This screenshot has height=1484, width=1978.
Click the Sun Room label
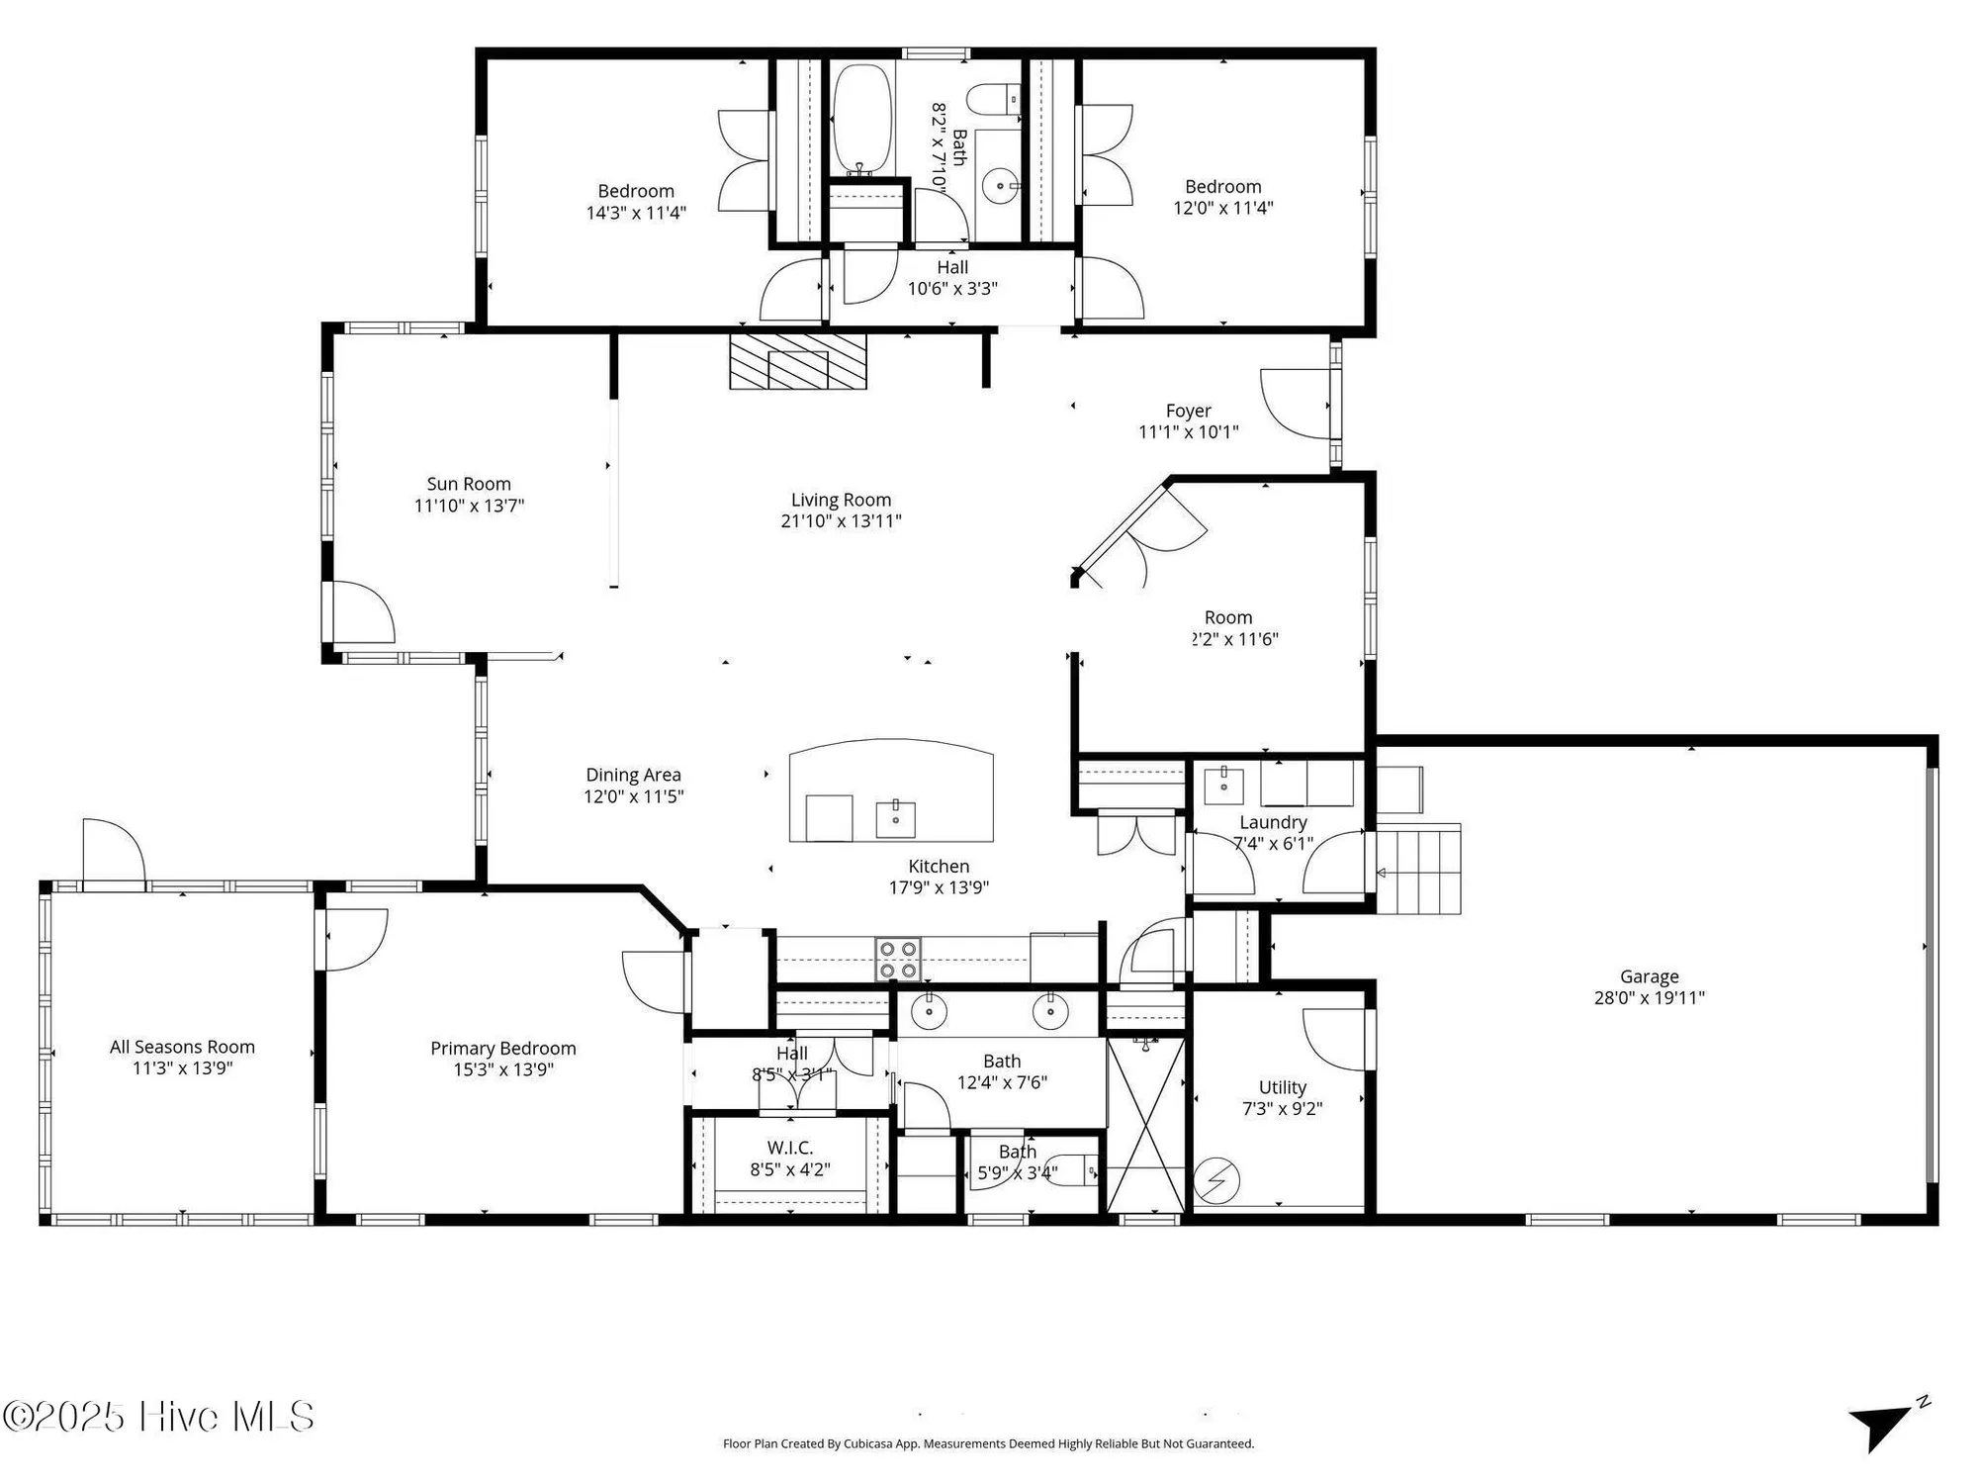(x=469, y=484)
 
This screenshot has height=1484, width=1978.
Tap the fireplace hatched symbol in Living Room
(x=797, y=361)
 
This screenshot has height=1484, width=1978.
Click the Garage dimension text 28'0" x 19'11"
(x=1649, y=998)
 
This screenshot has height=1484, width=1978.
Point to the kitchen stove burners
(x=898, y=959)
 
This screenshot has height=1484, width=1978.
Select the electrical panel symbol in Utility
(x=1216, y=1180)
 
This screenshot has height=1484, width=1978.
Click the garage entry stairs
(x=1419, y=869)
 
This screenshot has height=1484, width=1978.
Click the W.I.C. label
(x=789, y=1148)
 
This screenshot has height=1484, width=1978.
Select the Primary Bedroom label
(x=502, y=1048)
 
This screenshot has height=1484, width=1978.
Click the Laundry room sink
(x=1223, y=784)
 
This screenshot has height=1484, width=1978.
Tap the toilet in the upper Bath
(x=993, y=100)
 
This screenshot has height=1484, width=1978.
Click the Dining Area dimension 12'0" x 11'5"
(x=633, y=796)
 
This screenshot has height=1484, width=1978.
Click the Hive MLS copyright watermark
(x=158, y=1417)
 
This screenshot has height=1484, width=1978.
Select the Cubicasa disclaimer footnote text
(x=987, y=1443)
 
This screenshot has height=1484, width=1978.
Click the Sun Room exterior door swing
(x=362, y=613)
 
